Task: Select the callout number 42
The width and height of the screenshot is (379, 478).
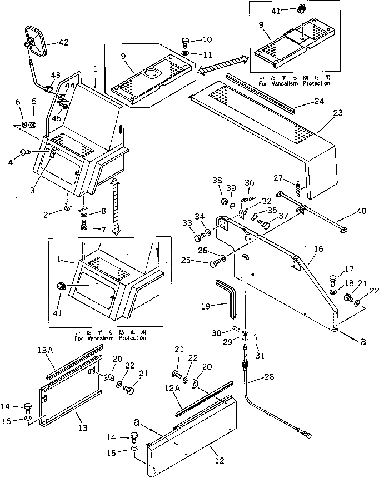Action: (x=64, y=42)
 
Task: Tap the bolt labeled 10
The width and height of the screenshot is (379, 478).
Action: (x=186, y=41)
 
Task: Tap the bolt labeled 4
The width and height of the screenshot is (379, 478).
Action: (x=24, y=152)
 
